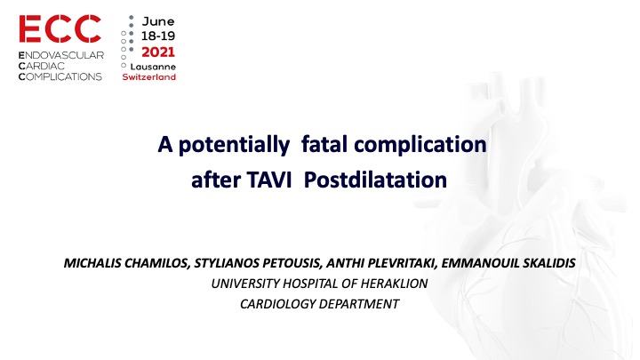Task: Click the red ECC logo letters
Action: (60, 28)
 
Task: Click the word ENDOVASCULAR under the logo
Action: (61, 55)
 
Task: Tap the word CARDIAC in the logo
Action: (42, 66)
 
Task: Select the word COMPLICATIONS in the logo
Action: (60, 76)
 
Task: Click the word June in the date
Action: (158, 21)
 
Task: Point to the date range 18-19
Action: (158, 36)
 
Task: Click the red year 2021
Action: (158, 52)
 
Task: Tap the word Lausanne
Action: (153, 67)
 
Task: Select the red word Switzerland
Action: (149, 76)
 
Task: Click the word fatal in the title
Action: (324, 144)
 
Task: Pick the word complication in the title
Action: (420, 145)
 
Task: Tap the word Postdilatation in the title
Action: (375, 180)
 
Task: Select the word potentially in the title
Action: (235, 145)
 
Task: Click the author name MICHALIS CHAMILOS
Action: (127, 263)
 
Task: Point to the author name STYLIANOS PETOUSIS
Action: (259, 263)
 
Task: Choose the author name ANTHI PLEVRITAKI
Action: (381, 263)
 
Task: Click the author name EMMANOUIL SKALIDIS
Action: (508, 263)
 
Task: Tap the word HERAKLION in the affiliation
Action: (395, 284)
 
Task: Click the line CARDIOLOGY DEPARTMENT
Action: (320, 304)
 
